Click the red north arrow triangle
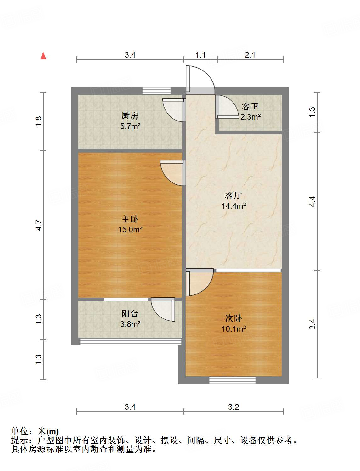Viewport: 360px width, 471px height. point(43,56)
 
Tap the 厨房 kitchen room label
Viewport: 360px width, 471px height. point(130,116)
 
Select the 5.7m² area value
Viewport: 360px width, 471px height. point(130,126)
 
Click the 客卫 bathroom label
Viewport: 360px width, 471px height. point(250,106)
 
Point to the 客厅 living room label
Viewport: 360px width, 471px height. point(233,195)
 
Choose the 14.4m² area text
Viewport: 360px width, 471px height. point(233,206)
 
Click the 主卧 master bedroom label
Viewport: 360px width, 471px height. point(130,219)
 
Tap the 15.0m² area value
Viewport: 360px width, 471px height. point(130,230)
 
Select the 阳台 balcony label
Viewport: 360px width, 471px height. point(130,313)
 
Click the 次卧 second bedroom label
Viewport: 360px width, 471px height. point(233,318)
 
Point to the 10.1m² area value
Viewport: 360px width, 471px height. point(233,329)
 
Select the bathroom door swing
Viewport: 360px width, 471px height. point(226,107)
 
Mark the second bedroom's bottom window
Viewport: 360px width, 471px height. point(232,380)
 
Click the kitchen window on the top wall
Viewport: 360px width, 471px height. point(156,91)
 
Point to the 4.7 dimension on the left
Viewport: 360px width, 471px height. point(39,225)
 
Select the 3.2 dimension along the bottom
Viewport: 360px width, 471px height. point(233,407)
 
